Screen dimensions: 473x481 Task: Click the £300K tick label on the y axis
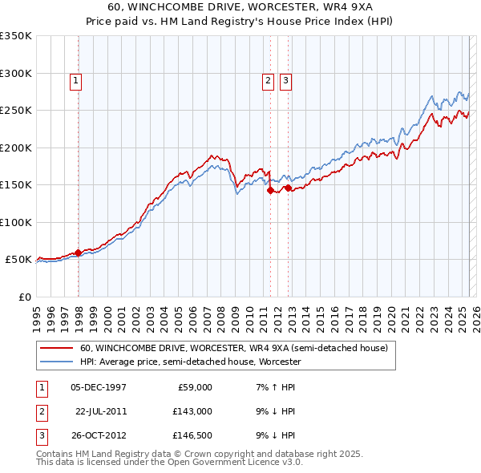click(x=16, y=73)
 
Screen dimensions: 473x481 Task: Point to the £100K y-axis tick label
click(x=16, y=222)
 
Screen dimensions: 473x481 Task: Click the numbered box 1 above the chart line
click(x=75, y=79)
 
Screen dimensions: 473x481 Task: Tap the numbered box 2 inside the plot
click(x=267, y=79)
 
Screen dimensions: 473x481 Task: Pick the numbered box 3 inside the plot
click(x=285, y=79)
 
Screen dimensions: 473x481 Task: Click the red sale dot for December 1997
click(x=78, y=253)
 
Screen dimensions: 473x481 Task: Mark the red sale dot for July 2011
click(x=270, y=190)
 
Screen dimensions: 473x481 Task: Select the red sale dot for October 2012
click(x=288, y=188)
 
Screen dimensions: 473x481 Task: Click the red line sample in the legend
click(x=56, y=348)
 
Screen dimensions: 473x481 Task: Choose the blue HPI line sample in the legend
click(x=56, y=362)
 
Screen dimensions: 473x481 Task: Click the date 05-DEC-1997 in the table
click(x=99, y=387)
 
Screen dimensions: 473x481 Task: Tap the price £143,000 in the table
click(x=193, y=411)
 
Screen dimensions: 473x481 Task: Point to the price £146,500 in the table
click(x=193, y=435)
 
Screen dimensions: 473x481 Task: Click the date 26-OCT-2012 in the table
click(x=99, y=435)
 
